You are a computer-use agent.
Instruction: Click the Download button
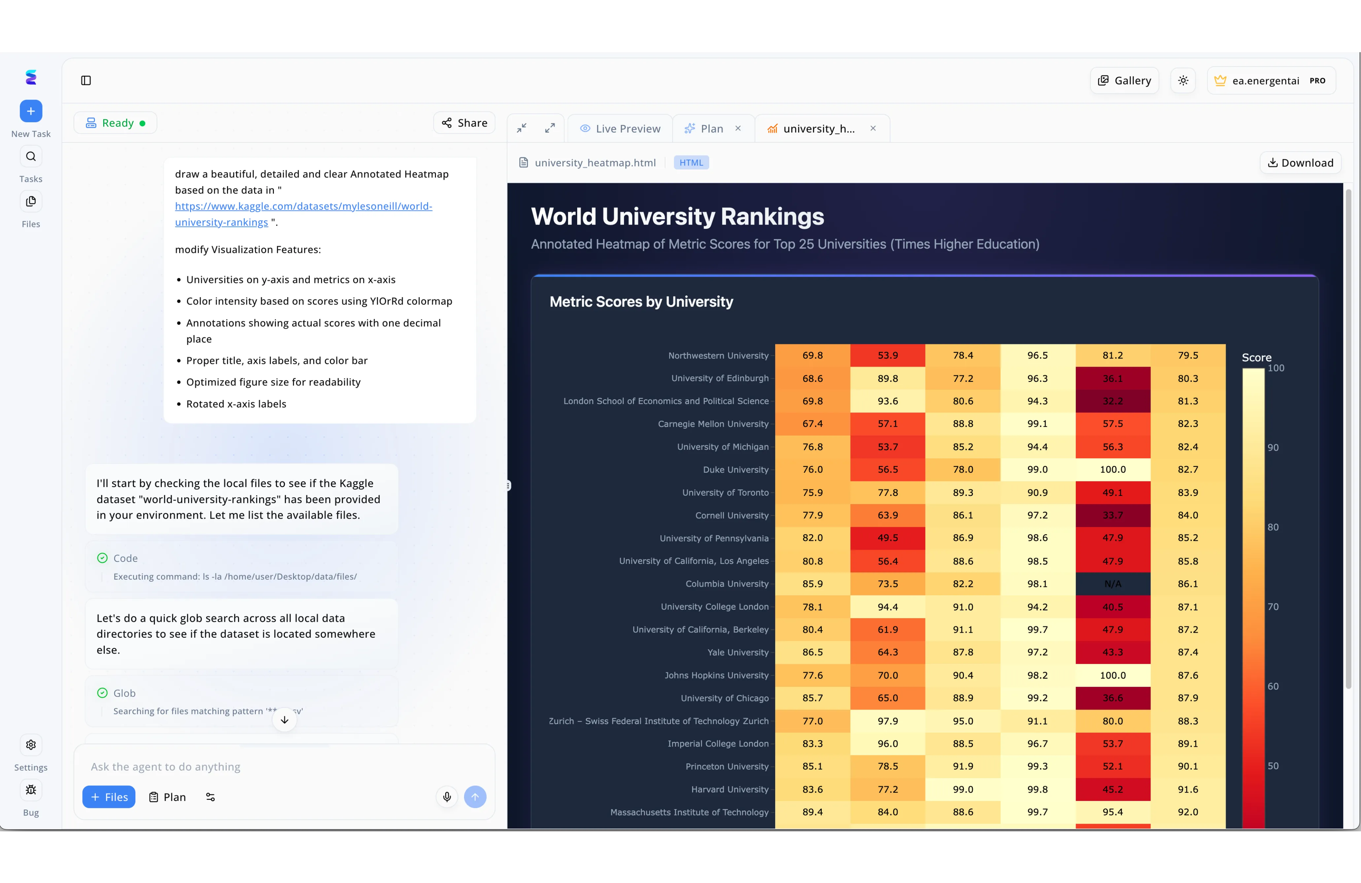point(1300,163)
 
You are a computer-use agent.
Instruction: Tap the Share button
point(464,123)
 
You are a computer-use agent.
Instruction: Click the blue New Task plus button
point(31,111)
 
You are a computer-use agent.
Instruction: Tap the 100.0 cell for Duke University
point(1112,469)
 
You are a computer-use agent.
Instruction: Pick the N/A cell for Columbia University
point(1112,584)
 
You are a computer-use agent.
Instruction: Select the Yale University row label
point(738,652)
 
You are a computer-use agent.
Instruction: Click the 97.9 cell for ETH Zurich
point(887,721)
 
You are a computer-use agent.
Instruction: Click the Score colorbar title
point(1256,358)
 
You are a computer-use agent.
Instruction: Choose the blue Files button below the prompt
point(109,797)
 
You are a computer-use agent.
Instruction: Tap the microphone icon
point(447,797)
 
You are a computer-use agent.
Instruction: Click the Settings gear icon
point(31,745)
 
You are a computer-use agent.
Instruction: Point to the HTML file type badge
point(691,163)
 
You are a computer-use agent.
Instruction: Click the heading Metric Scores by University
point(641,302)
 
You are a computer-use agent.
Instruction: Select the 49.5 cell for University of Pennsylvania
point(887,538)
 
